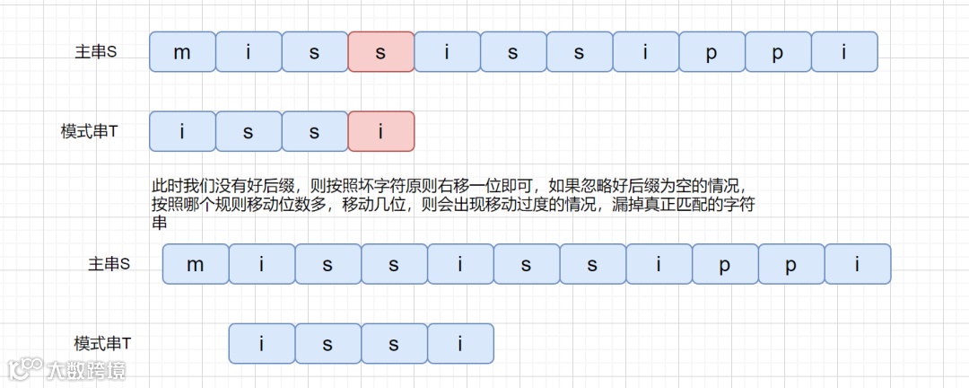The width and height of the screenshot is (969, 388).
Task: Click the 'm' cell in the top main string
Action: point(182,52)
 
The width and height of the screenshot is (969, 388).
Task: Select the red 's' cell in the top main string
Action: point(381,52)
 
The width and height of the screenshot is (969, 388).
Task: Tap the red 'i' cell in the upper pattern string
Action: point(381,131)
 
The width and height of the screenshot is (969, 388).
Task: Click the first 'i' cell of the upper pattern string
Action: point(182,131)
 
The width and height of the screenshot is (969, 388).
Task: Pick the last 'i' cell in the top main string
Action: point(844,52)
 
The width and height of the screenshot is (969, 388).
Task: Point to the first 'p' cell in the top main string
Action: point(711,52)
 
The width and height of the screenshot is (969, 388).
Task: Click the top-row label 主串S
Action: point(96,52)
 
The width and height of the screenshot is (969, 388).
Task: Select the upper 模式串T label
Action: point(90,131)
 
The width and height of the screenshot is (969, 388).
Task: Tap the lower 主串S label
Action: point(109,264)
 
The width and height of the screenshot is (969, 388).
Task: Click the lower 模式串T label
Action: point(103,343)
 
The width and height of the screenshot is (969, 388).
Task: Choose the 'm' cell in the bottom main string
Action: point(196,264)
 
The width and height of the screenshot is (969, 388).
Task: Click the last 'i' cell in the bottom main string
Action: point(858,264)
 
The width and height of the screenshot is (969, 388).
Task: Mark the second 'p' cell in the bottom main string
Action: point(791,264)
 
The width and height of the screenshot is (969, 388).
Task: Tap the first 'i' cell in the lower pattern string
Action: point(262,343)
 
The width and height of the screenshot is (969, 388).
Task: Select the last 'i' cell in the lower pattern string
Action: point(460,343)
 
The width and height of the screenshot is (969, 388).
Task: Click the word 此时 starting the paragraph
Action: point(164,187)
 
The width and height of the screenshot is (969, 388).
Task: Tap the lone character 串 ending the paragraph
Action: point(159,223)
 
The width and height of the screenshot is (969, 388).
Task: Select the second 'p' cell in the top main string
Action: point(778,52)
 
